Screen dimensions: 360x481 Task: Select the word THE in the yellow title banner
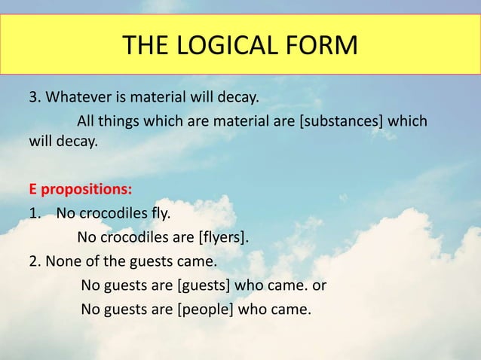click(146, 45)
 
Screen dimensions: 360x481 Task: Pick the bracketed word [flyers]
click(222, 239)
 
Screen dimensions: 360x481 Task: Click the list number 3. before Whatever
click(36, 98)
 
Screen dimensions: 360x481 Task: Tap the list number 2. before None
click(36, 262)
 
